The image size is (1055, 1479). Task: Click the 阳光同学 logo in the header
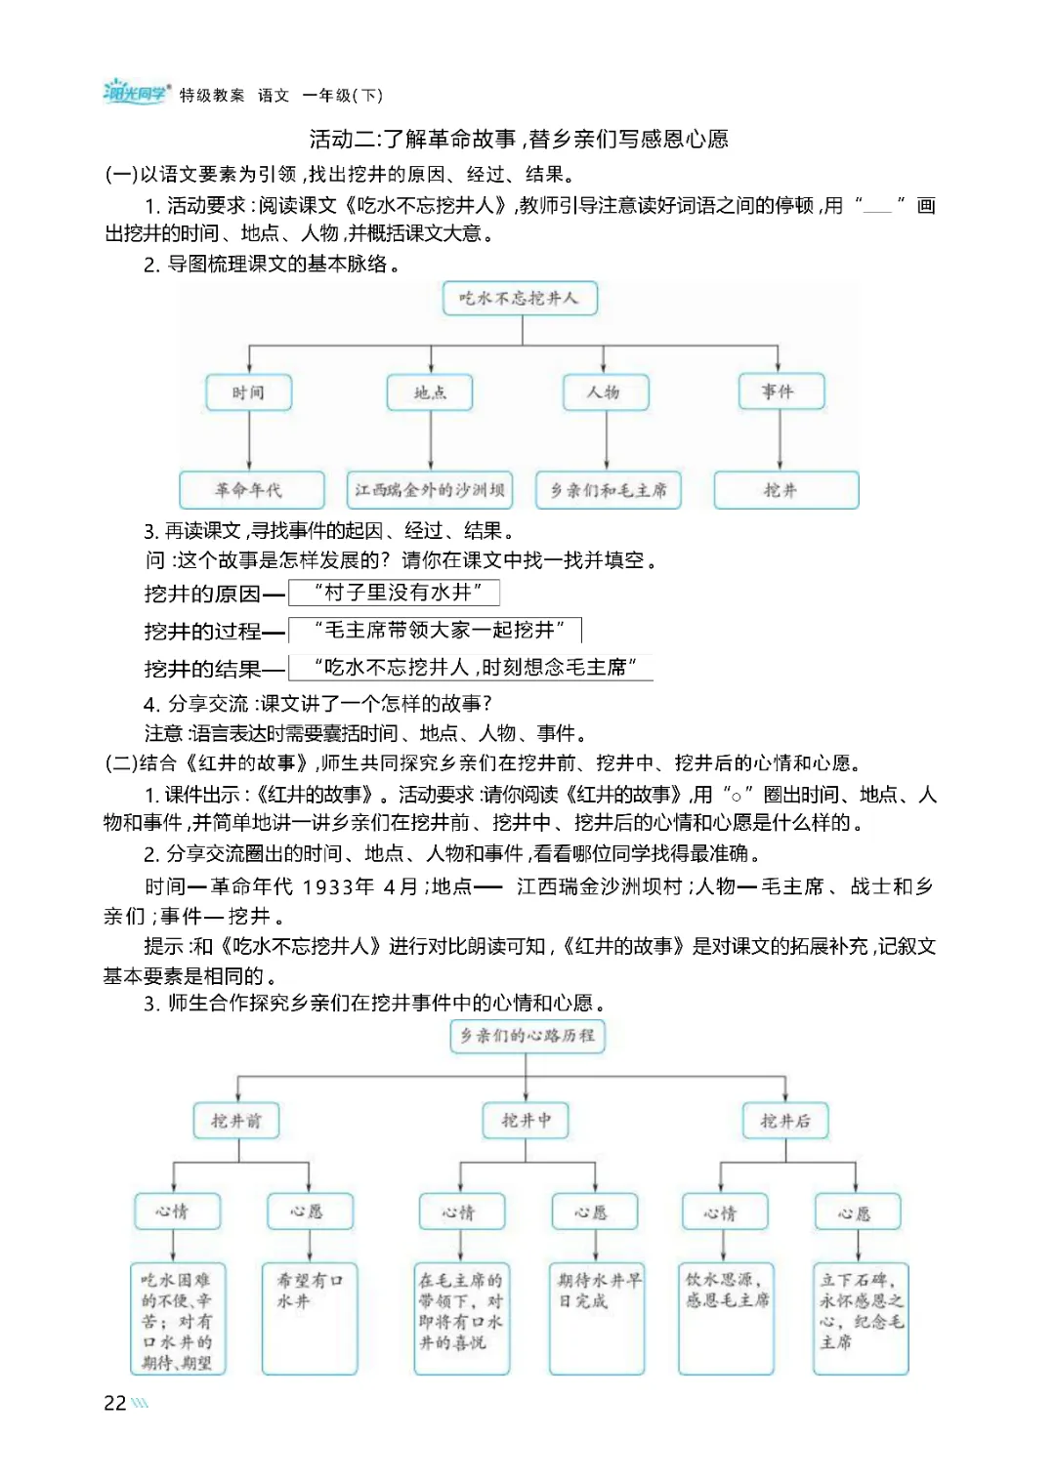(136, 93)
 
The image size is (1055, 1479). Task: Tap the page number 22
(115, 1403)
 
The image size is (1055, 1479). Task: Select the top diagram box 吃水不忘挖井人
(520, 298)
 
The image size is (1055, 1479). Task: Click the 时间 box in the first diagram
(248, 392)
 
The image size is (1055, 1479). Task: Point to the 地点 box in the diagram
(430, 392)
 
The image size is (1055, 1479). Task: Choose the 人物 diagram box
(604, 392)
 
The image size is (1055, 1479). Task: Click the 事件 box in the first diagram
(780, 391)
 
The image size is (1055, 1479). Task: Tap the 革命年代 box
(250, 490)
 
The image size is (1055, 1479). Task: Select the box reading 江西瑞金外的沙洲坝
(430, 490)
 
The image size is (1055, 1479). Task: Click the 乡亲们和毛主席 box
(609, 490)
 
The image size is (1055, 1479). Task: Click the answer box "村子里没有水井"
(395, 593)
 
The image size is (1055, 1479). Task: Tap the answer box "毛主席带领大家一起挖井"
(436, 631)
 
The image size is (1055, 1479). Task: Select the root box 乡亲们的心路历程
(527, 1036)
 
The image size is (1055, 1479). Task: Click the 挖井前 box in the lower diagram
(236, 1121)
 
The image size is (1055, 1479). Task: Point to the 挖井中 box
(527, 1121)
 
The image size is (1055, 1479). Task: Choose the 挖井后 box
(785, 1121)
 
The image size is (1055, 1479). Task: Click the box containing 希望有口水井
(310, 1318)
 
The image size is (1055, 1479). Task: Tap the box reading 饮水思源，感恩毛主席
(726, 1318)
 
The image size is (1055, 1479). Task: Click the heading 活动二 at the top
(519, 139)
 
